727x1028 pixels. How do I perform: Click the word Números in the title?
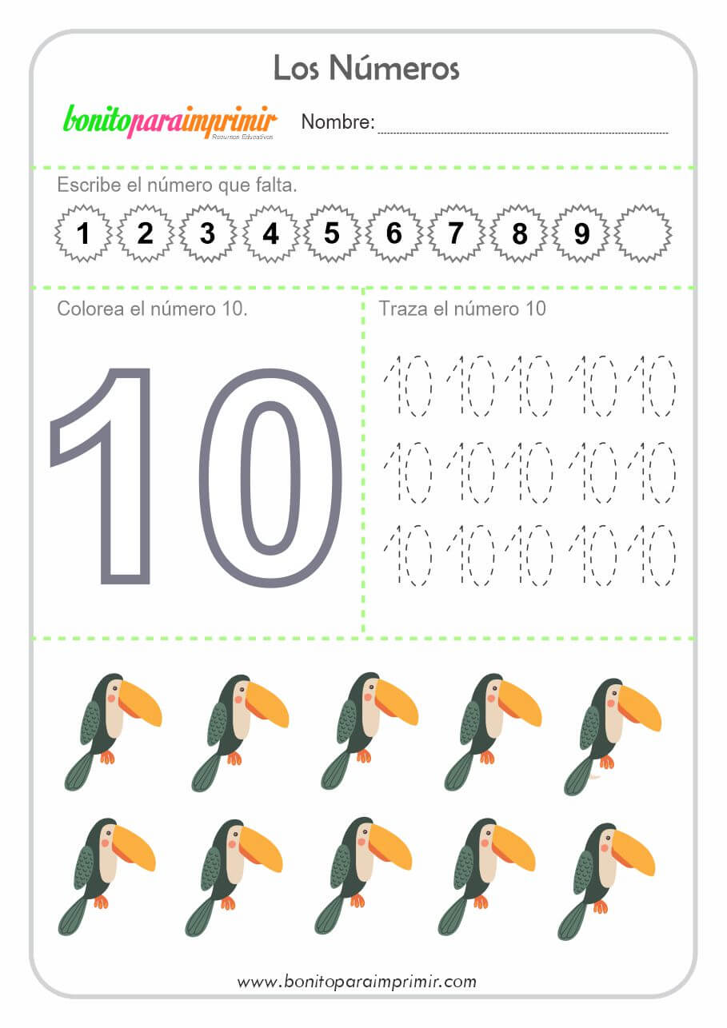click(394, 68)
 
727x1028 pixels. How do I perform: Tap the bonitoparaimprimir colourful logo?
click(170, 122)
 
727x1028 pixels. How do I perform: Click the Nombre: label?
click(338, 122)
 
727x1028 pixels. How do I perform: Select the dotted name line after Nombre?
click(522, 133)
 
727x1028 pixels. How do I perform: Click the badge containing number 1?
click(83, 233)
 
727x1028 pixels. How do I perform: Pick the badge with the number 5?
click(332, 233)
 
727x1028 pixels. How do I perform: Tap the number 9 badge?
click(581, 233)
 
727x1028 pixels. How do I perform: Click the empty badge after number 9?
click(643, 233)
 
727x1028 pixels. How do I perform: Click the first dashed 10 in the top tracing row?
click(408, 385)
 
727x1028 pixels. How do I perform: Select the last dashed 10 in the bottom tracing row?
click(651, 556)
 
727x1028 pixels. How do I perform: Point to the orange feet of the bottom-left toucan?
click(101, 902)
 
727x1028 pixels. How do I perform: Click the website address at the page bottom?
click(357, 982)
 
